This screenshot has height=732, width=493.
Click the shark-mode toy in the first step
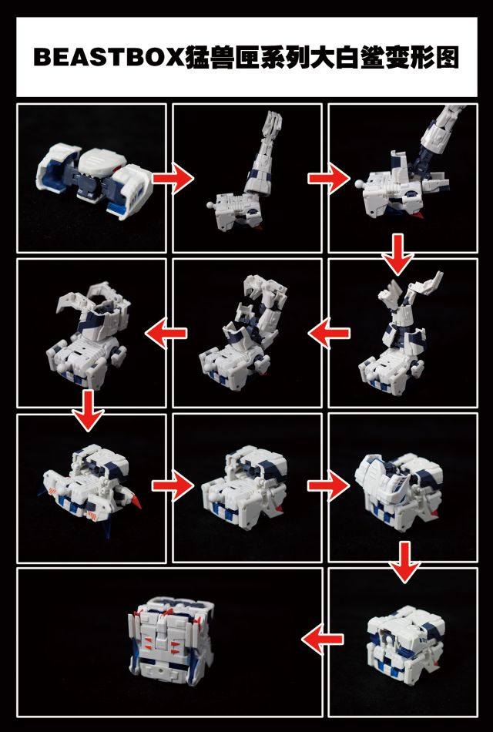pyautogui.click(x=91, y=177)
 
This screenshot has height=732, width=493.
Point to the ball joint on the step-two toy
pyautogui.click(x=210, y=207)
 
